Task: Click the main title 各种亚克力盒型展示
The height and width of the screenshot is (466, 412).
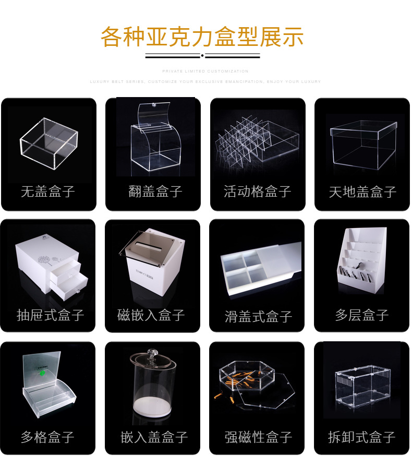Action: tap(202, 37)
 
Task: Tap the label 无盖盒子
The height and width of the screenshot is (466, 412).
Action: tap(48, 192)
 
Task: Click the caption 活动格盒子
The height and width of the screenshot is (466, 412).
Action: tap(257, 192)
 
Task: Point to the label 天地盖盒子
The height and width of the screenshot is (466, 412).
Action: tap(362, 192)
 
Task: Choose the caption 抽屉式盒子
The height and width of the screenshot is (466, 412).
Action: tap(50, 315)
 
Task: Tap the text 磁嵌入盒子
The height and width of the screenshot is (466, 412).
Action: tap(151, 315)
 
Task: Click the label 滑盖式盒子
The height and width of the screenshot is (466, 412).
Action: tap(258, 316)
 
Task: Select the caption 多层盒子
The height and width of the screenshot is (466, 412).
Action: tap(362, 315)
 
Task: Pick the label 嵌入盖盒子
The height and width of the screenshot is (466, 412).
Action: tap(154, 437)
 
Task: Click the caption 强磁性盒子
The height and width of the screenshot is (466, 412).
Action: tap(258, 437)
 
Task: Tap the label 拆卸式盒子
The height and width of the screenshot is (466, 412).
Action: tap(362, 437)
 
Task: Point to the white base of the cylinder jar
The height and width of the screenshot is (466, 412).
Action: tap(153, 405)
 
